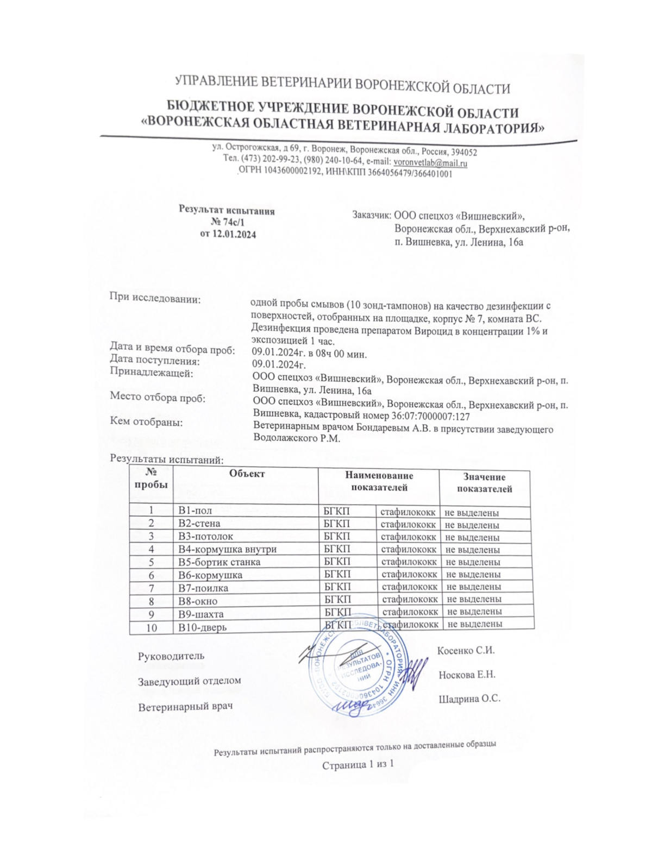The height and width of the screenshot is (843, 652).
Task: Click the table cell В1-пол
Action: tap(196, 511)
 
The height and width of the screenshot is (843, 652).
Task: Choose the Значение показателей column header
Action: tap(484, 483)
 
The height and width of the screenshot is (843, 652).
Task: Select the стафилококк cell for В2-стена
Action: tap(408, 524)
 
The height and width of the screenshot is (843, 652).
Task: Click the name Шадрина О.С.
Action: tap(469, 699)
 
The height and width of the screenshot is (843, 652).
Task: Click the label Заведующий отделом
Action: tap(189, 681)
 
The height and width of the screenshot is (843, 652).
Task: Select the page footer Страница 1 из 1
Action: tap(358, 765)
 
